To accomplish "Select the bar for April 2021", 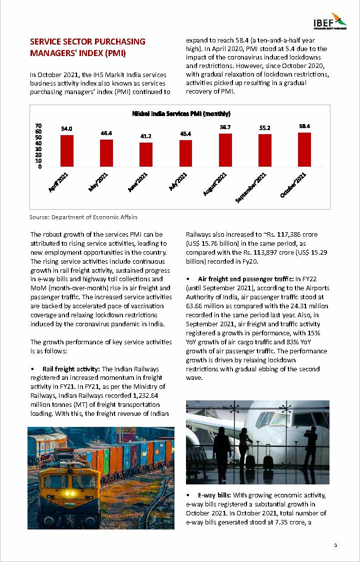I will tap(67, 151).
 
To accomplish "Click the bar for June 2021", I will tap(146, 154).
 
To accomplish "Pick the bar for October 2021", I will tap(304, 149).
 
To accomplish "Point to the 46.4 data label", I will tap(106, 133).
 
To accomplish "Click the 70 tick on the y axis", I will tap(38, 126).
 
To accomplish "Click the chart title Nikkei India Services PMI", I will tap(180, 114).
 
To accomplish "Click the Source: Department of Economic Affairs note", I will tap(83, 217).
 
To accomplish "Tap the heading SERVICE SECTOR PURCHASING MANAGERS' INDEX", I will tap(87, 47).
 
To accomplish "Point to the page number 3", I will tap(335, 545).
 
